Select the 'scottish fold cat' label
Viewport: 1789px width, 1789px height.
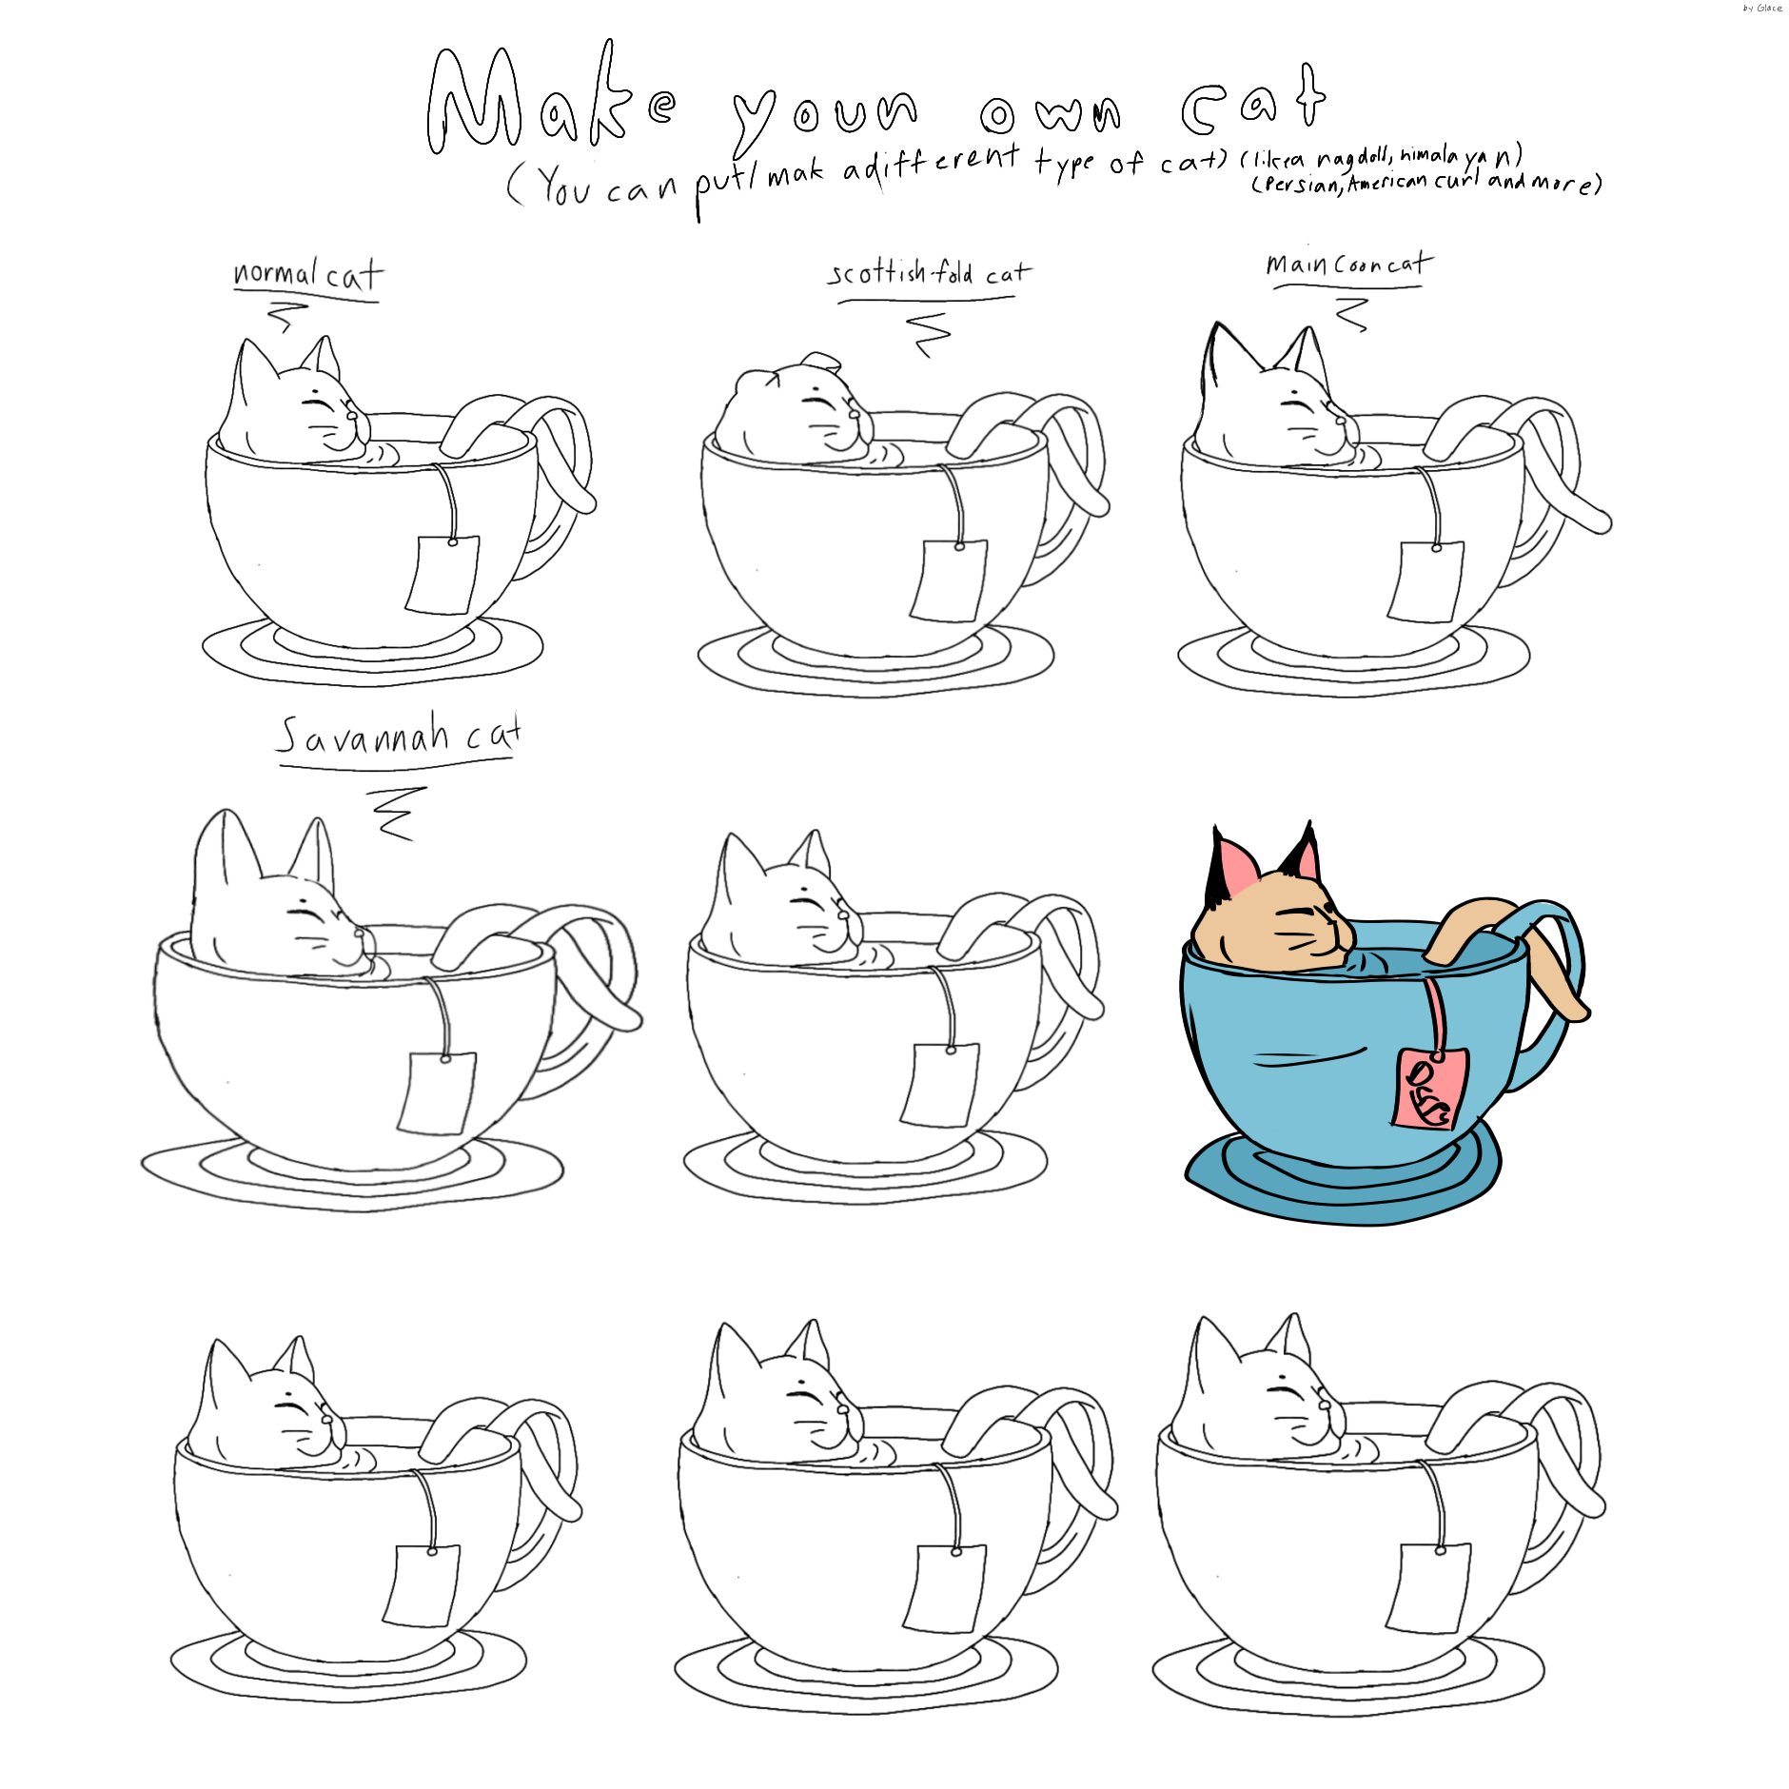pyautogui.click(x=928, y=273)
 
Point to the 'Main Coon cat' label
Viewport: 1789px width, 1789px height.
pyautogui.click(x=1347, y=264)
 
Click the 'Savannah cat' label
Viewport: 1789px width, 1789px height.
pyautogui.click(x=398, y=736)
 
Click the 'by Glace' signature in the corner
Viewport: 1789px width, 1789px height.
pyautogui.click(x=1761, y=9)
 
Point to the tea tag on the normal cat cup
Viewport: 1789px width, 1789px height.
pyautogui.click(x=442, y=575)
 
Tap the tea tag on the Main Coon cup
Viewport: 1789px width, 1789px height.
pyautogui.click(x=1425, y=581)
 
